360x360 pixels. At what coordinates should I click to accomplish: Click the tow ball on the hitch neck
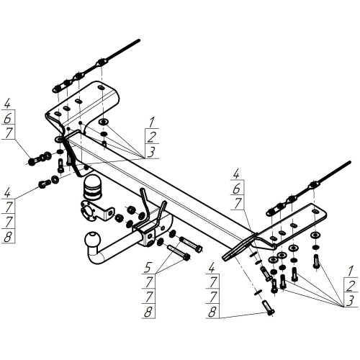point(91,240)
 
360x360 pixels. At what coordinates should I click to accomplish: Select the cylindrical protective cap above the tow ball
point(92,187)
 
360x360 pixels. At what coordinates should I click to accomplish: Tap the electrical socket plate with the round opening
point(96,211)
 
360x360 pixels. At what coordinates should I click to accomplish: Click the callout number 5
point(148,267)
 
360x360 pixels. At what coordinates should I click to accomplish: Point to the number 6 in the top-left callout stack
point(8,117)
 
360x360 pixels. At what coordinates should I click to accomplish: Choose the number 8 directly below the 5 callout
point(148,312)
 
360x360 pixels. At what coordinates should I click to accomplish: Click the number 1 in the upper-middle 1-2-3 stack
point(151,122)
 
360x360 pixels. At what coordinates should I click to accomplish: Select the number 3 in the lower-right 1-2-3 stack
point(351,301)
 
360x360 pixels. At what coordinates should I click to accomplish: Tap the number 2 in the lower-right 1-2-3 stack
point(351,286)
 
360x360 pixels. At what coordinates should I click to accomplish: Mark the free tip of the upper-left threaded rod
point(139,40)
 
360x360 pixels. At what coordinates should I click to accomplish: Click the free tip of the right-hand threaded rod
point(350,162)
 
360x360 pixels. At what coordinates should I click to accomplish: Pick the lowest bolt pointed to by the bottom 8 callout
point(269,307)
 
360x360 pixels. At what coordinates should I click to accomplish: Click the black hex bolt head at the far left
point(32,161)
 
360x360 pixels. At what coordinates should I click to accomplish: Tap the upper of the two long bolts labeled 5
point(191,243)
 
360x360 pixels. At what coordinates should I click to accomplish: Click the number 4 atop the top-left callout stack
point(8,103)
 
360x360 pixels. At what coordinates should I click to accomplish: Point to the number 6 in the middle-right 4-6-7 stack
point(236,189)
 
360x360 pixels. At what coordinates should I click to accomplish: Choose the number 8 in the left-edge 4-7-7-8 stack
point(8,237)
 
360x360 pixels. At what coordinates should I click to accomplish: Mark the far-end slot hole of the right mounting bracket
point(315,212)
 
